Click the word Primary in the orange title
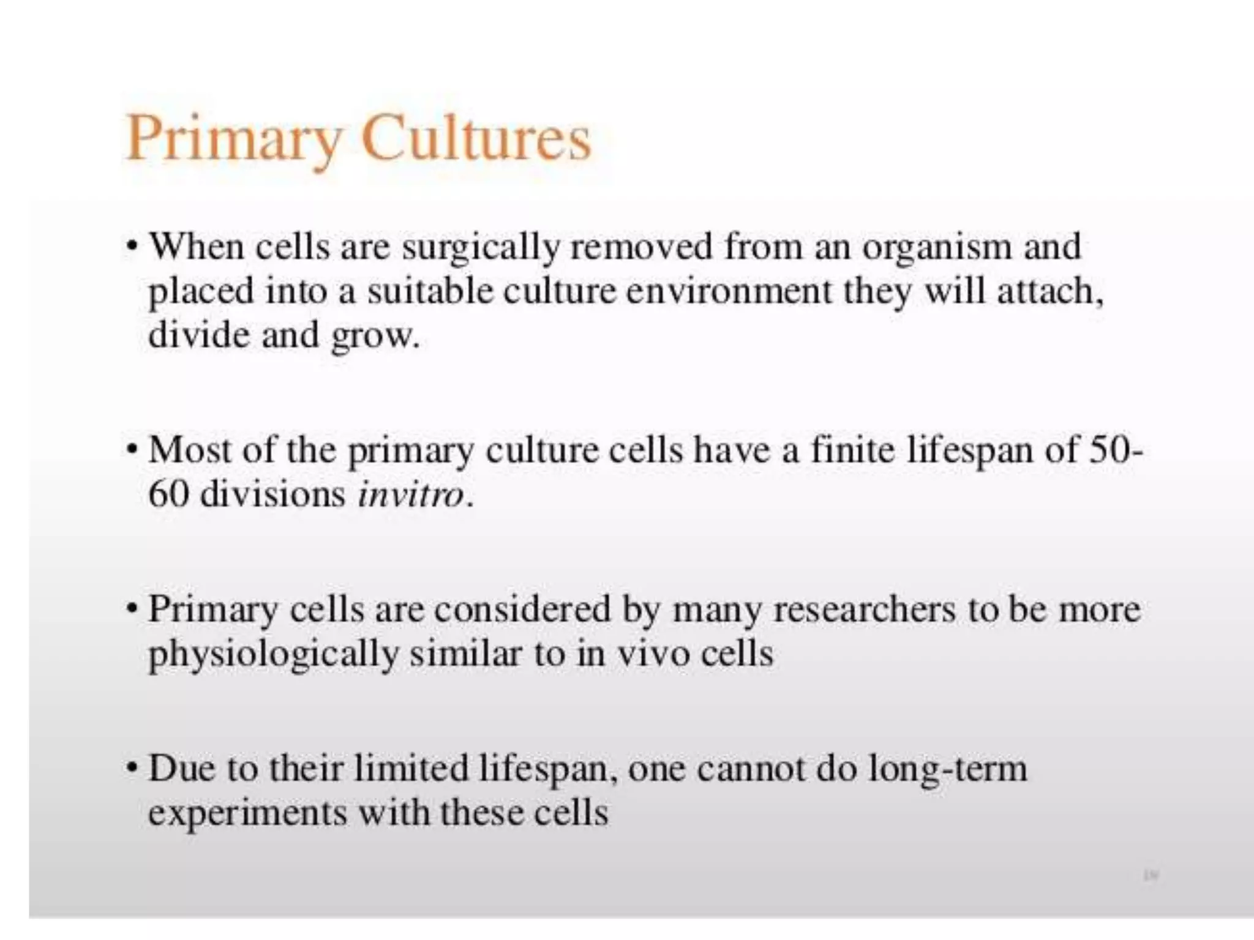(233, 140)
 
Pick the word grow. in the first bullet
(375, 337)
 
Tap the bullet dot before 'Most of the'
(131, 450)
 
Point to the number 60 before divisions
(167, 494)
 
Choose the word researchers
(864, 610)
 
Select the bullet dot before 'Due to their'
(131, 768)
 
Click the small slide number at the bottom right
(1151, 876)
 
